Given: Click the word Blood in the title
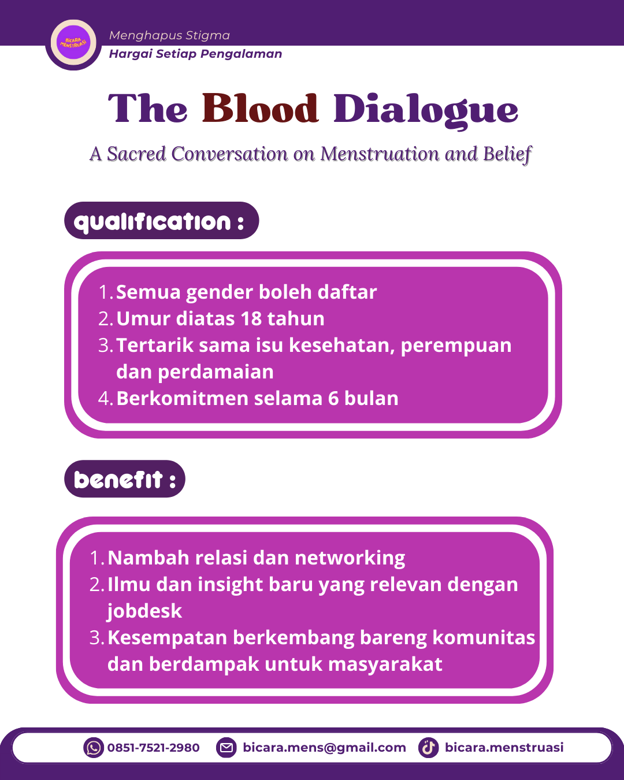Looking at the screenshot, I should pyautogui.click(x=260, y=109).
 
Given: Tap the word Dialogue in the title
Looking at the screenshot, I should pyautogui.click(x=426, y=110).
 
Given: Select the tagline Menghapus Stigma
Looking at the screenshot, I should pyautogui.click(x=169, y=35).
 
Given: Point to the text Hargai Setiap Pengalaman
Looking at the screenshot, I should pyautogui.click(x=195, y=54).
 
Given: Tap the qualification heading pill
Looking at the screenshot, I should pyautogui.click(x=161, y=221).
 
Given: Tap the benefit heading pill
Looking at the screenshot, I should pyautogui.click(x=125, y=479).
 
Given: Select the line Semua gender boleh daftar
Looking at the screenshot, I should pyautogui.click(x=246, y=292).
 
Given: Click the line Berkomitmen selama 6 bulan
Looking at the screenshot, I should pyautogui.click(x=257, y=399).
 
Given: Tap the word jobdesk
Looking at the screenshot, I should pyautogui.click(x=144, y=611).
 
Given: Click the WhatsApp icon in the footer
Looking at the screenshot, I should pyautogui.click(x=93, y=748).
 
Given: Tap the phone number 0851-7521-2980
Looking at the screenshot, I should pyautogui.click(x=153, y=748).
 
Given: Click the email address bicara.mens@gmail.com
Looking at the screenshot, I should pyautogui.click(x=324, y=748).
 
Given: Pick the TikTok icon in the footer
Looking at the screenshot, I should pyautogui.click(x=428, y=748).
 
